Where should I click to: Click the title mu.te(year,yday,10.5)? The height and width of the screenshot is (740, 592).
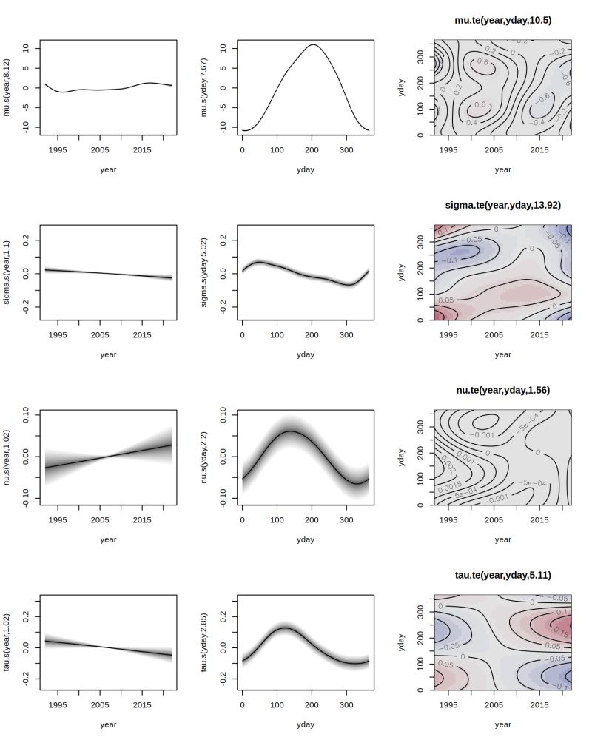(502, 21)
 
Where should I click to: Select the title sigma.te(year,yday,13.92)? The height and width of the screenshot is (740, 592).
(502, 205)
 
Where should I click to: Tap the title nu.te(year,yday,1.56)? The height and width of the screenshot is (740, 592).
(502, 390)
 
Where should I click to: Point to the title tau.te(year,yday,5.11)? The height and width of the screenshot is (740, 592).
(502, 575)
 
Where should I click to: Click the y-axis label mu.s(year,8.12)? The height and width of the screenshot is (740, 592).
(7, 87)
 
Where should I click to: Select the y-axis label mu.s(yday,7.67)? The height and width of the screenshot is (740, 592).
(203, 87)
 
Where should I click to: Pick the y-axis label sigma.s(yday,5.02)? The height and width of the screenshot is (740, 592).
(203, 272)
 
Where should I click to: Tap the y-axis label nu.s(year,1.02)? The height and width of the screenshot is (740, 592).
(7, 457)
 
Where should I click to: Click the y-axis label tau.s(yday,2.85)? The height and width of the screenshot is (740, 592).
(203, 642)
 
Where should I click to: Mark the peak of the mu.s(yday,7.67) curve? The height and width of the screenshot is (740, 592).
(313, 45)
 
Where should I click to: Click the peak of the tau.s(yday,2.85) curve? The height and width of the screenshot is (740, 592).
(286, 628)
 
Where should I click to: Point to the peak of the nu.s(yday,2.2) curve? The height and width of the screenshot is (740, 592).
(290, 431)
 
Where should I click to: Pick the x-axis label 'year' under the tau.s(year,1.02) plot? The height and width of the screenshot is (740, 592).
(108, 724)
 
